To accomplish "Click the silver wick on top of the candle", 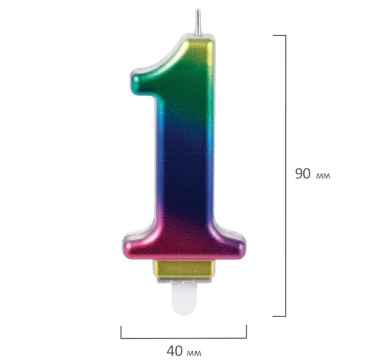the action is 199,22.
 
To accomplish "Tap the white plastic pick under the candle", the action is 184,299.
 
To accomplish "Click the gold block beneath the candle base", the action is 184,269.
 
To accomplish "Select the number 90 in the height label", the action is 303,174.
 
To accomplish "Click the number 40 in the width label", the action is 174,351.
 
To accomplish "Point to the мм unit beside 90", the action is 323,176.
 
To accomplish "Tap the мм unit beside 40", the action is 194,353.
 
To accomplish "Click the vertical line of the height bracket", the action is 285,175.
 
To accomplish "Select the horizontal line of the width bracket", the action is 184,338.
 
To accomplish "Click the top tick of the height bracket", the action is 279,35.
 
